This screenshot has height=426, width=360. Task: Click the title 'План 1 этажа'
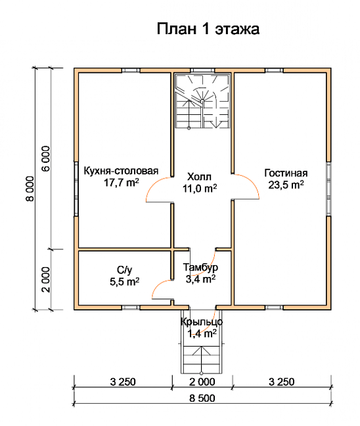[x=208, y=29]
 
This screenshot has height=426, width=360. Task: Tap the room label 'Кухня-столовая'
[x=121, y=171]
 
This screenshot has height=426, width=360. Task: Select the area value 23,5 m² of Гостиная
[x=286, y=184]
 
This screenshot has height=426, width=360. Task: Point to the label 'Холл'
[x=199, y=177]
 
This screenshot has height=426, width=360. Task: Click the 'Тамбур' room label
[x=200, y=267]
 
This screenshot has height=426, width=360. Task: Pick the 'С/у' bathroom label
[x=125, y=270]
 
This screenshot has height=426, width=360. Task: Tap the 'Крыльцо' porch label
[x=202, y=322]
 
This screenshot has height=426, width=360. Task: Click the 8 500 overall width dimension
[x=202, y=398]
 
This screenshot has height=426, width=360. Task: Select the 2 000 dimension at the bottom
[x=202, y=382]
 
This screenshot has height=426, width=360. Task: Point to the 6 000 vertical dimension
[x=46, y=159]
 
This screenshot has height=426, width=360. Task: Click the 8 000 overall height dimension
[x=30, y=189]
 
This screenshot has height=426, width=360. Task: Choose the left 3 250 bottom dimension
[x=123, y=382]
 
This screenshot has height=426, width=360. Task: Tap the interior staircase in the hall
[x=202, y=101]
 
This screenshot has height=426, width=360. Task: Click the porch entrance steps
[x=202, y=359]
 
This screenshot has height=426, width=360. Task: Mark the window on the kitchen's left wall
[x=76, y=189]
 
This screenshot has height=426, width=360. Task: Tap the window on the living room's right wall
[x=328, y=189]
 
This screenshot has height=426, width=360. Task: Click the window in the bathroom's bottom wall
[x=131, y=308]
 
